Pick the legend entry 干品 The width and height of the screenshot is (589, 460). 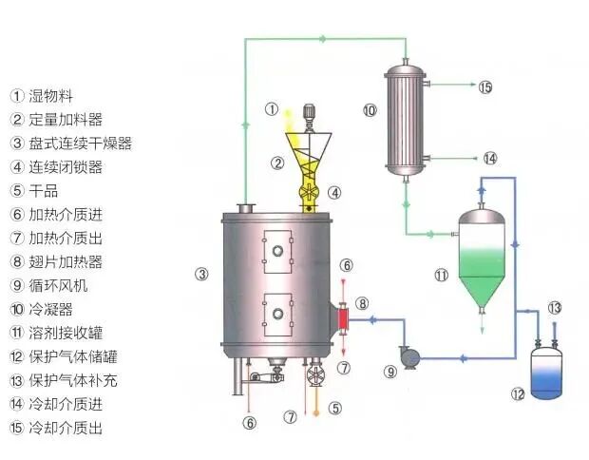(44, 191)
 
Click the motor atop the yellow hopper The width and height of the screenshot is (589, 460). (309, 116)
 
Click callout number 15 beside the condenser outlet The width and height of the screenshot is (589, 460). (486, 87)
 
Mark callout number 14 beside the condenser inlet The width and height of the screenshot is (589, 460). (489, 159)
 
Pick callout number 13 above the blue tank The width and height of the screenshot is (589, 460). (555, 307)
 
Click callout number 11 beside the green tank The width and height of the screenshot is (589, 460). (441, 276)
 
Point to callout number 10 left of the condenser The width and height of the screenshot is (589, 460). (370, 110)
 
